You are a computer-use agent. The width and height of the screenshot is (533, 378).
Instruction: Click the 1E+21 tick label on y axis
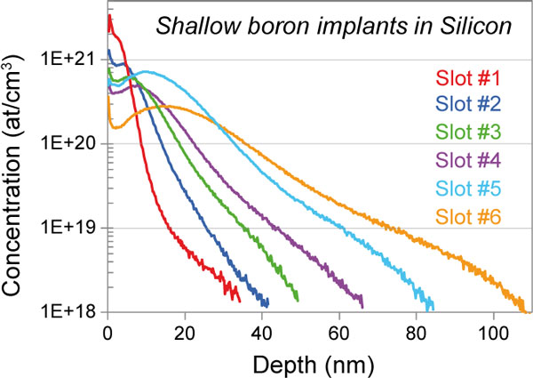pos(72,60)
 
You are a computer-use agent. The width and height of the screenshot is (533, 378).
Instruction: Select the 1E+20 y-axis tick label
pos(72,144)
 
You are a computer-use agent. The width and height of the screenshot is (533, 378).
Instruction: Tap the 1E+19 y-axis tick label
pos(72,229)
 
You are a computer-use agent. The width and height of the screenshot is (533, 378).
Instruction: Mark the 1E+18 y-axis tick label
pos(72,312)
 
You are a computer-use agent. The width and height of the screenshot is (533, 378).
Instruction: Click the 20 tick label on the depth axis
pos(185,334)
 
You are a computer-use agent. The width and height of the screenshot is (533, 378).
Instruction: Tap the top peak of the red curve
pos(109,16)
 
